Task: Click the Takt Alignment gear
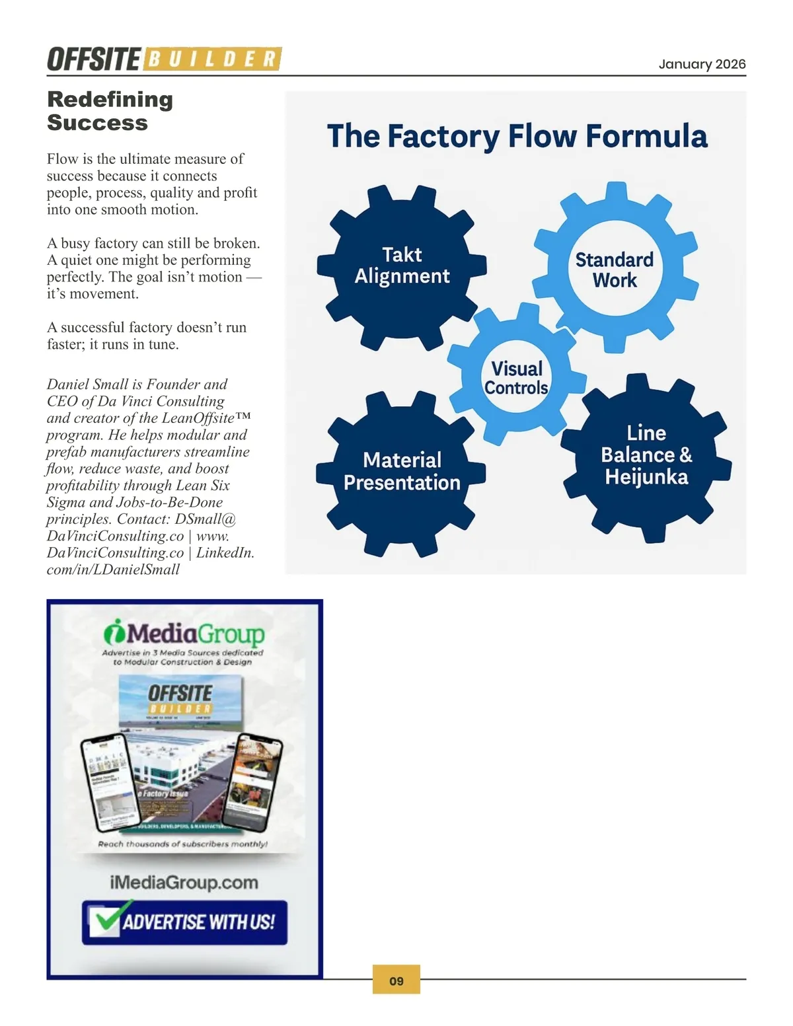[402, 266]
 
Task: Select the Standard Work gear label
[615, 270]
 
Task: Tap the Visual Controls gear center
[517, 378]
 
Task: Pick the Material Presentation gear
[402, 472]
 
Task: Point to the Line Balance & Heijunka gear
[646, 455]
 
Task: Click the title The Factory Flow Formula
[517, 136]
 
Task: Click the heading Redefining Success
[110, 111]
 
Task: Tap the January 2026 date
[702, 64]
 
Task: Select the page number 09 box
[397, 980]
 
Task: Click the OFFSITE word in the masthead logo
[93, 59]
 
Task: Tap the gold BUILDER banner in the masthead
[212, 59]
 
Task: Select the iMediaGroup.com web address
[184, 883]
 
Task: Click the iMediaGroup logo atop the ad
[184, 633]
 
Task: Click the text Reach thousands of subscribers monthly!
[182, 844]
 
